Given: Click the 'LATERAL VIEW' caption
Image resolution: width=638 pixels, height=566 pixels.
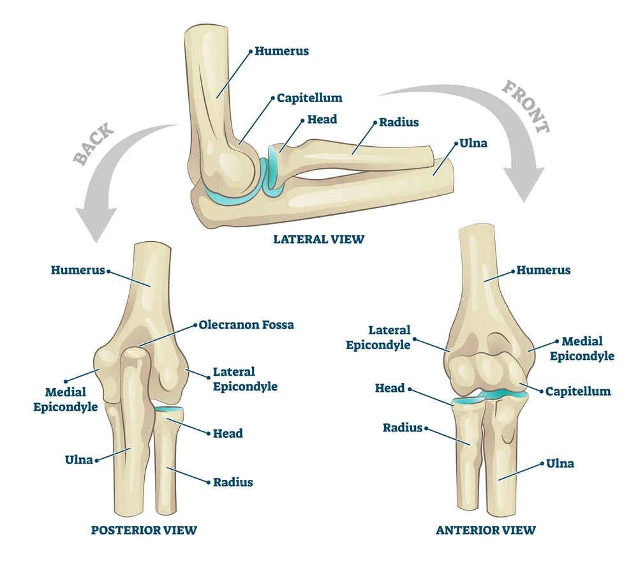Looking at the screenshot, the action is pyautogui.click(x=318, y=239).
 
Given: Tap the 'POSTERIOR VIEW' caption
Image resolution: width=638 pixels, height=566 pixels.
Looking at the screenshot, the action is pyautogui.click(x=144, y=530).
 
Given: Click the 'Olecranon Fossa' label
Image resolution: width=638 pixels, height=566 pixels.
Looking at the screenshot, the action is pyautogui.click(x=246, y=325).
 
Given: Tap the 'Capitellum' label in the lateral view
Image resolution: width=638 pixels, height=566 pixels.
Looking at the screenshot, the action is pyautogui.click(x=309, y=98).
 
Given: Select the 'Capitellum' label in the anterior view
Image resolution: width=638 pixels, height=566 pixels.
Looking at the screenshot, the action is pyautogui.click(x=578, y=391).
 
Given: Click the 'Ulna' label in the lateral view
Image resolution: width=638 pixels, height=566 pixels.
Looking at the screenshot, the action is pyautogui.click(x=473, y=143).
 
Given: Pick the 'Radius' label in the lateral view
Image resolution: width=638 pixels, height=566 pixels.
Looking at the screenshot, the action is pyautogui.click(x=399, y=122).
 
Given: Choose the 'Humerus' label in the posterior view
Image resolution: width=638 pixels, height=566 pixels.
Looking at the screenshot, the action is pyautogui.click(x=78, y=271).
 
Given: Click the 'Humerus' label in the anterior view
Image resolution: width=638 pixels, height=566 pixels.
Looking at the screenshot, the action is pyautogui.click(x=544, y=271).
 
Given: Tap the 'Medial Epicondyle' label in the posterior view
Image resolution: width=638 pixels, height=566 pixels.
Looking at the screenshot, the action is pyautogui.click(x=66, y=399).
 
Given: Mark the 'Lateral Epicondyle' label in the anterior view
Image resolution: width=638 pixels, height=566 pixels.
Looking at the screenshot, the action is pyautogui.click(x=378, y=338).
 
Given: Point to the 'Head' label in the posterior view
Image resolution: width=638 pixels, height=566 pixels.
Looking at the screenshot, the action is pyautogui.click(x=228, y=433).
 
